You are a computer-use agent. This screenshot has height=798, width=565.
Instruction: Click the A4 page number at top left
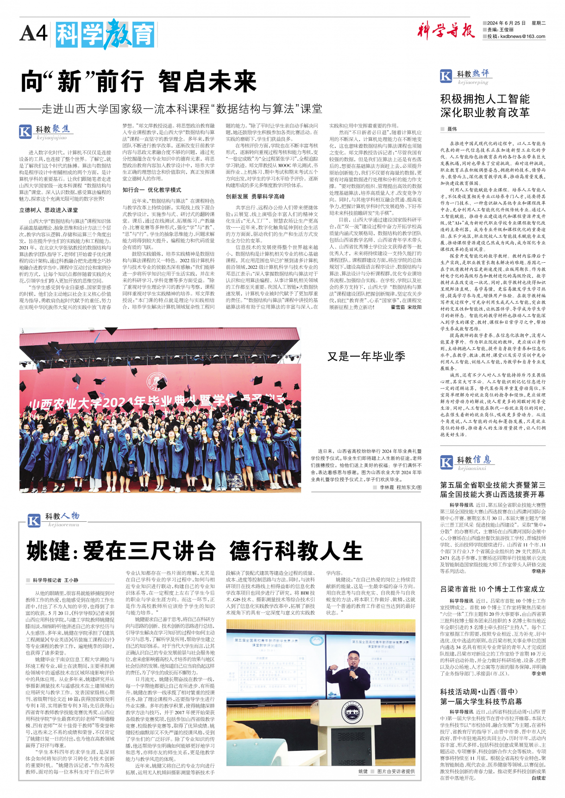point(33,33)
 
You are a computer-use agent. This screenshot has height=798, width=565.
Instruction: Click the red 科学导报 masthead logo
point(446,31)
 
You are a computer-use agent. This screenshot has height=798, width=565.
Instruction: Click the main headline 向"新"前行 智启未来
point(138,82)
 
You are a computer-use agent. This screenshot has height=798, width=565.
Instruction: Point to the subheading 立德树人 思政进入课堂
point(49,210)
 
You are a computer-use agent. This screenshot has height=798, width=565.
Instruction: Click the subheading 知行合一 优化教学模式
point(152,190)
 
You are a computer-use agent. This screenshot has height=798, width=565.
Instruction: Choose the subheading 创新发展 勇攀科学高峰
point(255,196)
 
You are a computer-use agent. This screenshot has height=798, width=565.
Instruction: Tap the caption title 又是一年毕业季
point(366,356)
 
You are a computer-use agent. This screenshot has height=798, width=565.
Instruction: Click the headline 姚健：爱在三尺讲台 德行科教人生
point(194,551)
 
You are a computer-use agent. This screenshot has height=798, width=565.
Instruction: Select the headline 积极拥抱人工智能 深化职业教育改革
point(485,105)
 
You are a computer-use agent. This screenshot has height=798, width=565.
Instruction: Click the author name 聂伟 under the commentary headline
point(452,129)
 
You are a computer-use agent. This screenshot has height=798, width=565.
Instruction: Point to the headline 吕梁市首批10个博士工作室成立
point(492,589)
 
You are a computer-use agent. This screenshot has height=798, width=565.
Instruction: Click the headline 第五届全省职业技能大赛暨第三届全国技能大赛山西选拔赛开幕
point(493,489)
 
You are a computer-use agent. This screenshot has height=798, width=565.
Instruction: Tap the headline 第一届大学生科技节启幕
point(481,701)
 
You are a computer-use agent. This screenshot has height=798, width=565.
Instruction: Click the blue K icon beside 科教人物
point(34,521)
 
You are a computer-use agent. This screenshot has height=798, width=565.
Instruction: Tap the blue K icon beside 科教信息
point(446,462)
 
